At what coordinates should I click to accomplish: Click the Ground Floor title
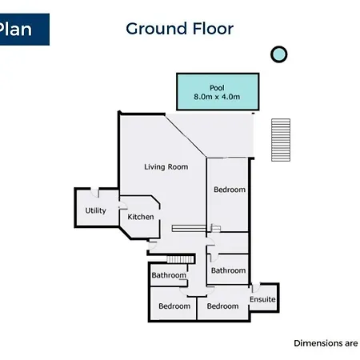tap(180, 29)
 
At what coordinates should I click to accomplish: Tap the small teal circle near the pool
tap(279, 54)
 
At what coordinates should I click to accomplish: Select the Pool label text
tap(217, 88)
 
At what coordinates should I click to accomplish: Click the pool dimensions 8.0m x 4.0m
tap(217, 97)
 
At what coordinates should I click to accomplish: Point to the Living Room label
tap(166, 167)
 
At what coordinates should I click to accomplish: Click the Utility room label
tap(95, 210)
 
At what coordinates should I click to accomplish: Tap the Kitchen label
tap(141, 217)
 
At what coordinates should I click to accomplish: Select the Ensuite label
tap(262, 299)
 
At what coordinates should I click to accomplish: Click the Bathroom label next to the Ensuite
tap(228, 270)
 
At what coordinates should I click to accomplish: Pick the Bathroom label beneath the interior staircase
tap(169, 275)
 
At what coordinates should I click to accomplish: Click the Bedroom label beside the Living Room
tap(230, 190)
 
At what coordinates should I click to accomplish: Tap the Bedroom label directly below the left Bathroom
tap(174, 306)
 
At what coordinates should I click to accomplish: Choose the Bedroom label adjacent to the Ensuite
tap(222, 306)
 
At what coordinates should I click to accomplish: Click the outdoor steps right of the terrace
tap(281, 140)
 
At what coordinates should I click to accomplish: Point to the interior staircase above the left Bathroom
tap(180, 259)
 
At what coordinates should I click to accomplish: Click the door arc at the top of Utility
tap(94, 193)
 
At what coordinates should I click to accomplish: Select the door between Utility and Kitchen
tap(122, 206)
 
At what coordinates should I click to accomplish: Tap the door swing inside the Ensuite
tap(255, 288)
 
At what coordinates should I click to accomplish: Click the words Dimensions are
tap(326, 343)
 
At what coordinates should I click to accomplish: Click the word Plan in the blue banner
tap(15, 29)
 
